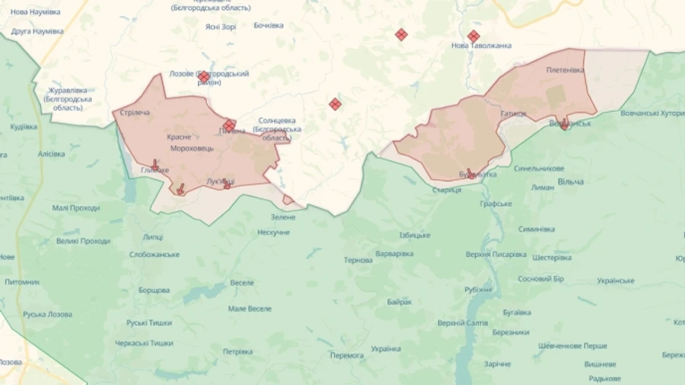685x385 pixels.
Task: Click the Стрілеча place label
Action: [x=133, y=113]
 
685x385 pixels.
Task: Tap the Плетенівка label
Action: [x=565, y=69]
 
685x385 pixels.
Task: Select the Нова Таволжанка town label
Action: [x=481, y=46]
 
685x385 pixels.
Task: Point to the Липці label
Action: [x=152, y=237]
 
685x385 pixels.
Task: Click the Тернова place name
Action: [x=358, y=260]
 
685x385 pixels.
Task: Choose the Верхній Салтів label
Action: [x=463, y=323]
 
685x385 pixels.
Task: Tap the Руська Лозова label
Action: [x=47, y=314]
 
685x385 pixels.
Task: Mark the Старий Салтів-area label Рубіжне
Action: [x=478, y=289]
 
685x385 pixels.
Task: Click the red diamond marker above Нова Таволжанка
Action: [x=473, y=36]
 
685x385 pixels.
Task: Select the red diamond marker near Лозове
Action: [x=204, y=77]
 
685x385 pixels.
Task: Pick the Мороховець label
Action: [x=192, y=148]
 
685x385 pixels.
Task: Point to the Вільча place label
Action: [x=570, y=181]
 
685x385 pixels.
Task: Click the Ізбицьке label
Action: [x=414, y=235]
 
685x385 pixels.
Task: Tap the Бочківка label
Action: [x=267, y=25]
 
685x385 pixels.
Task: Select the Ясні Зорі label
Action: [x=220, y=27]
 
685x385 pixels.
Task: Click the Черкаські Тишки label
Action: [x=144, y=343]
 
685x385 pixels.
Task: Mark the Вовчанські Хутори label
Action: [x=652, y=113]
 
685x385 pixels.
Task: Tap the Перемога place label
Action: [x=346, y=355]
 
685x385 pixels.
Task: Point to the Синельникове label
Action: [x=539, y=168]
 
